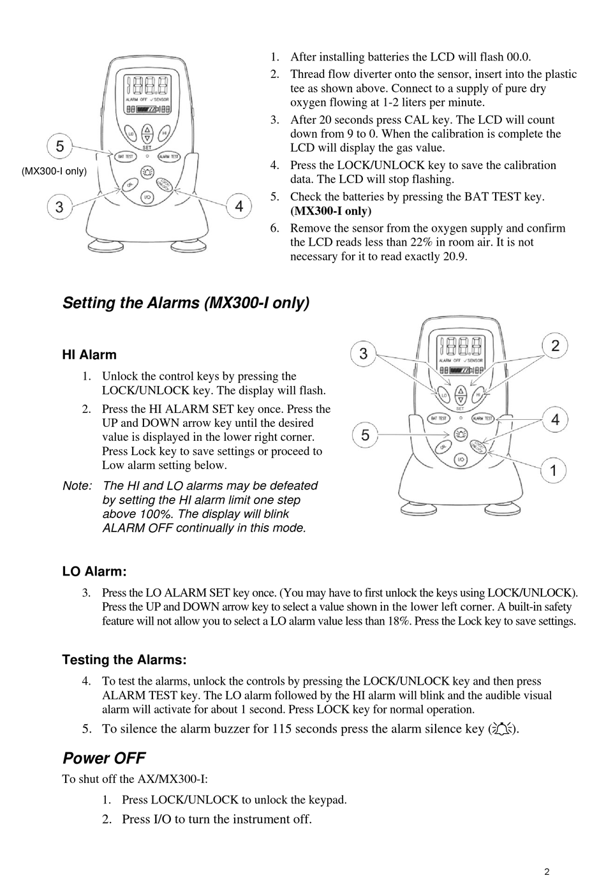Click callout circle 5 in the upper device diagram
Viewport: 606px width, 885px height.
59,146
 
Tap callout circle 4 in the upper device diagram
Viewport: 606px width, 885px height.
239,205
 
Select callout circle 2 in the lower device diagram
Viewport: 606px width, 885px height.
555,346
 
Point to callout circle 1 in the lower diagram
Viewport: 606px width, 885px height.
553,471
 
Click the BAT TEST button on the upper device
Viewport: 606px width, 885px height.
124,156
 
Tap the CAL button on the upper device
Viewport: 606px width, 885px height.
129,184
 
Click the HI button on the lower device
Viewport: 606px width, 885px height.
477,396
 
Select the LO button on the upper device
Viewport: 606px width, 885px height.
130,133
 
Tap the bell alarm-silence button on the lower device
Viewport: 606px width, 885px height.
460,434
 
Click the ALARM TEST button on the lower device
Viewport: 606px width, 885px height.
482,419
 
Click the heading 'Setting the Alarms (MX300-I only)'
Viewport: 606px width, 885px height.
186,302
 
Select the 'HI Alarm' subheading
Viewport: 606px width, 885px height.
89,355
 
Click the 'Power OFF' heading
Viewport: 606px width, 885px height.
104,758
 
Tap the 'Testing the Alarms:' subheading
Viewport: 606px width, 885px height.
124,660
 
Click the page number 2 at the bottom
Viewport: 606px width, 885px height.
547,872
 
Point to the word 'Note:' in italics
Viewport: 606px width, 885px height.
77,486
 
